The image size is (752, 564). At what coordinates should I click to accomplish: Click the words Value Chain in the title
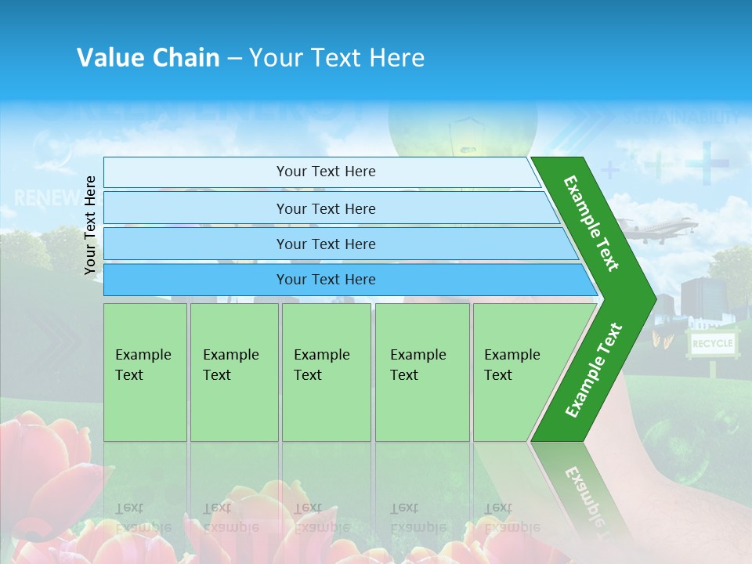tap(148, 58)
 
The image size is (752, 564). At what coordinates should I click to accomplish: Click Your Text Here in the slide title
tap(337, 58)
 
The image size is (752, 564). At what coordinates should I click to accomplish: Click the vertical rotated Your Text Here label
tap(90, 225)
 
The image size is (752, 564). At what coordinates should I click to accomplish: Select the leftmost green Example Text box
tap(145, 372)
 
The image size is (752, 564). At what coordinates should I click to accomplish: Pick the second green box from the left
tap(234, 372)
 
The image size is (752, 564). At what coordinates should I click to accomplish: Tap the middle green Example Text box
tap(326, 372)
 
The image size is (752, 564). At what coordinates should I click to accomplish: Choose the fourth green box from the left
tap(422, 372)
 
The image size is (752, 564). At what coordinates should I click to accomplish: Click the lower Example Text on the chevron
tap(594, 370)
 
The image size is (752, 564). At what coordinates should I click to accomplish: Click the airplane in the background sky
tap(661, 228)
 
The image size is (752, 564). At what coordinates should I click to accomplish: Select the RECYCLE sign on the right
tap(711, 343)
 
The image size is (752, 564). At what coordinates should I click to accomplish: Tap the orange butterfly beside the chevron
tap(662, 338)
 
